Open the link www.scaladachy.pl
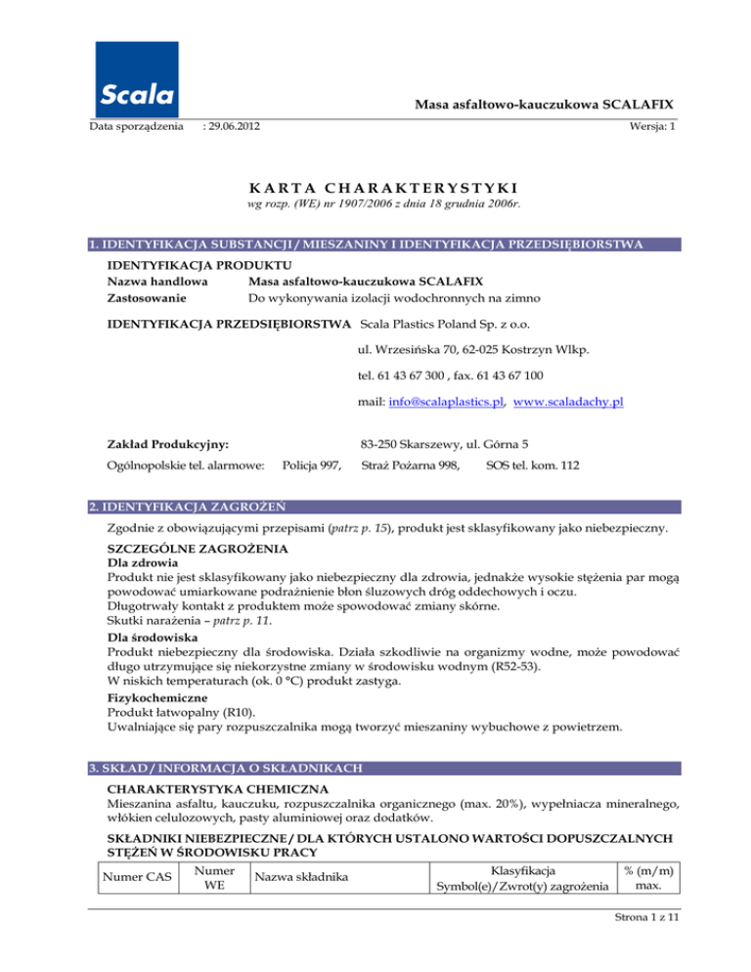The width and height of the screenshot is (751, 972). tap(568, 402)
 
